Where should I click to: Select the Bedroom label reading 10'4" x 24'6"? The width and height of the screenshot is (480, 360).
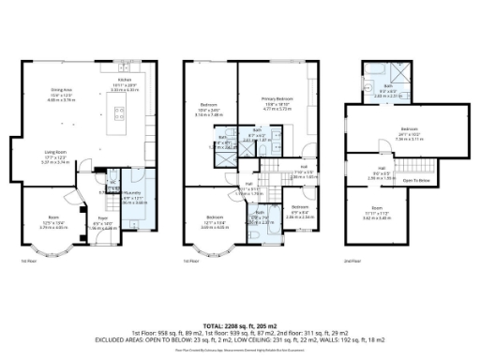[x=208, y=109]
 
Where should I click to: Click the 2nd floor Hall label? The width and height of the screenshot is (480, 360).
[x=382, y=170]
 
